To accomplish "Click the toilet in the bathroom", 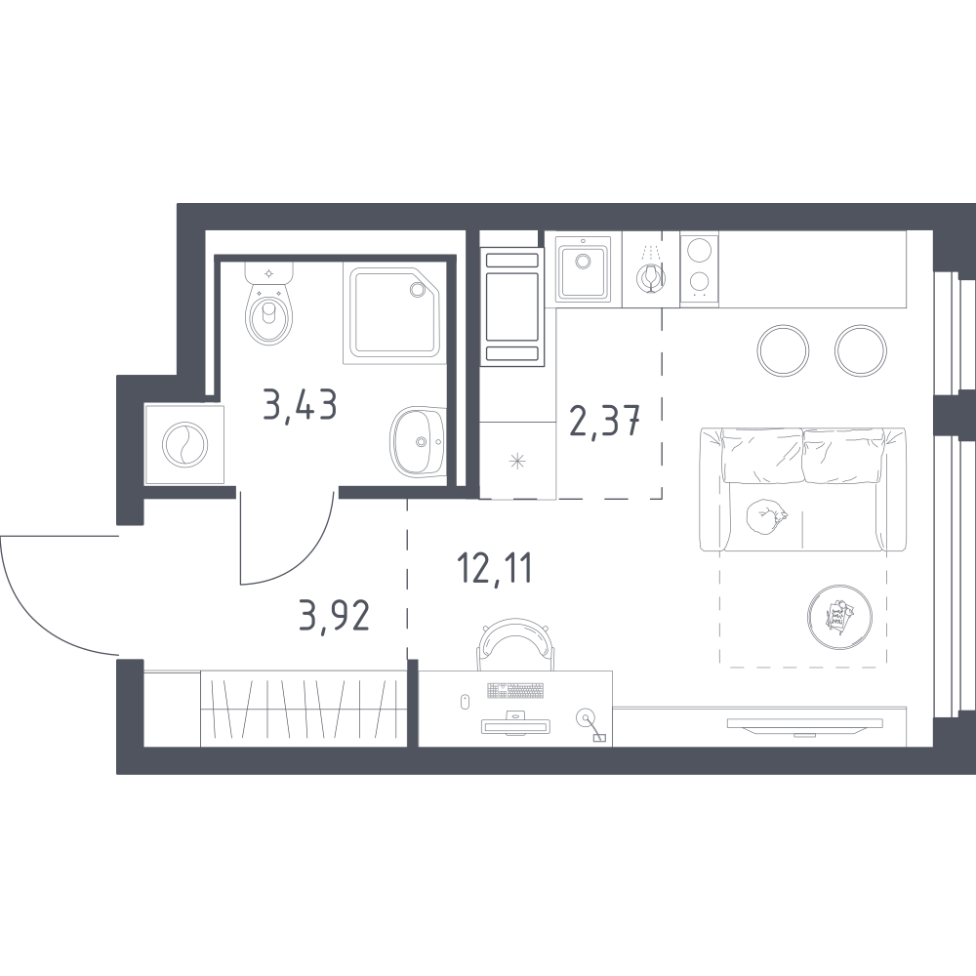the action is (x=269, y=304).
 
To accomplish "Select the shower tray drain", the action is (x=416, y=289).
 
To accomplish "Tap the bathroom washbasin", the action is (x=419, y=441).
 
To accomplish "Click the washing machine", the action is (x=184, y=444).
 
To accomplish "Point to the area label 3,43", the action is (x=300, y=404).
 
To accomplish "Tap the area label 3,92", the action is (x=334, y=615).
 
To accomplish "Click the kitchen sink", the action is (x=584, y=270).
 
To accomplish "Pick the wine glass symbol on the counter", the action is (x=650, y=277).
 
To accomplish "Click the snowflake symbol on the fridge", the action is (x=518, y=462).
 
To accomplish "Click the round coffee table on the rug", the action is (x=839, y=617).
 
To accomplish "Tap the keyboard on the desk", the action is (x=514, y=690).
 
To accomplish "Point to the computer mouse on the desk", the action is (x=464, y=702).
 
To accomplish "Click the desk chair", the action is (x=514, y=642).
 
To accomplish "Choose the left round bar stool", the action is (x=783, y=349).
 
